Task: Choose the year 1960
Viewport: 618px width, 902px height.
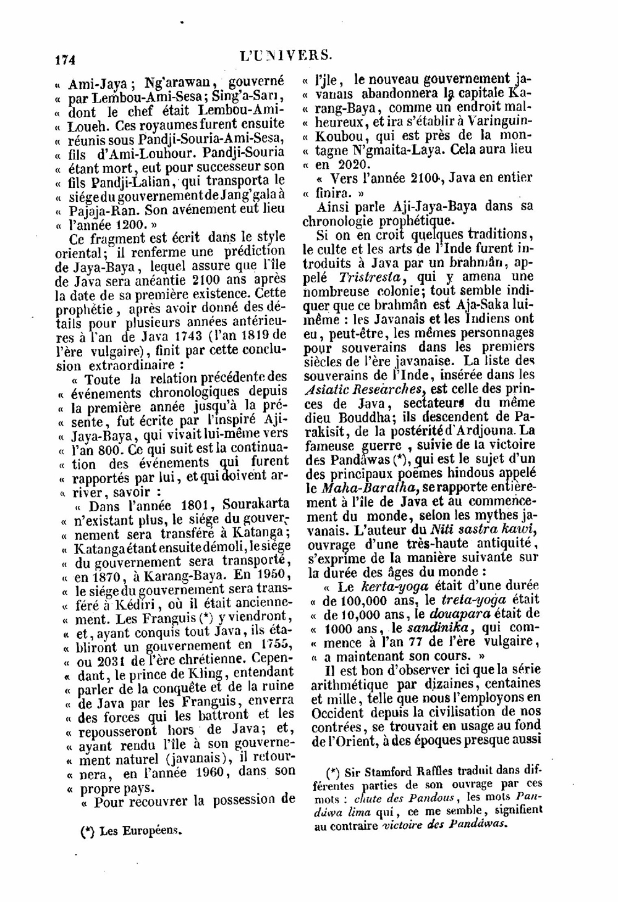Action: point(211,772)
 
